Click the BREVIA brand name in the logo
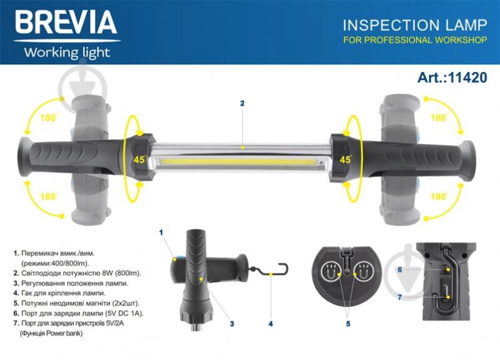[x=66, y=22]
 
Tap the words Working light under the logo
[x=67, y=53]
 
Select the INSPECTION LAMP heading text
[x=415, y=25]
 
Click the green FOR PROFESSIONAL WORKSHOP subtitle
[x=415, y=40]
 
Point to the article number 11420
[x=468, y=78]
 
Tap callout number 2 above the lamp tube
[x=242, y=103]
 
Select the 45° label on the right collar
[x=346, y=159]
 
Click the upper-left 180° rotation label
[x=48, y=118]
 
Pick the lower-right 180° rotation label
[x=439, y=196]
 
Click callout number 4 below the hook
[x=271, y=324]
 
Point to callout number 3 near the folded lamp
[x=232, y=324]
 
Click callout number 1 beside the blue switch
[x=161, y=232]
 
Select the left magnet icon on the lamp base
[x=330, y=271]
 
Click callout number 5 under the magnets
[x=348, y=324]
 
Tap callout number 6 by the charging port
[x=400, y=270]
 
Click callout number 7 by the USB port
[x=400, y=297]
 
